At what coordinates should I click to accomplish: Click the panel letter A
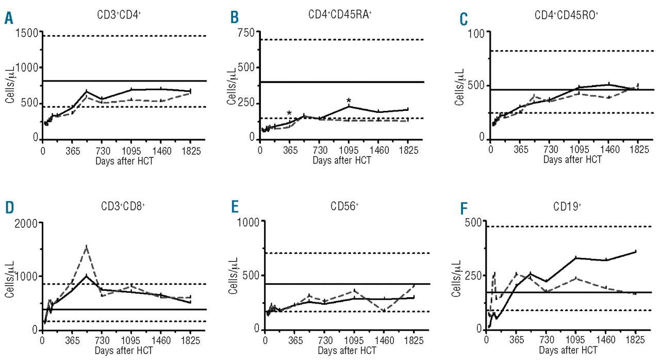click(x=9, y=19)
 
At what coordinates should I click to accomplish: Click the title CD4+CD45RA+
click(x=337, y=15)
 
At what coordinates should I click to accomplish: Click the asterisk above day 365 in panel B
click(x=289, y=113)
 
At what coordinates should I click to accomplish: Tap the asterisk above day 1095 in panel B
click(x=349, y=101)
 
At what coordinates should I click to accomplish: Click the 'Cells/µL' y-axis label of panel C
click(x=458, y=84)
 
